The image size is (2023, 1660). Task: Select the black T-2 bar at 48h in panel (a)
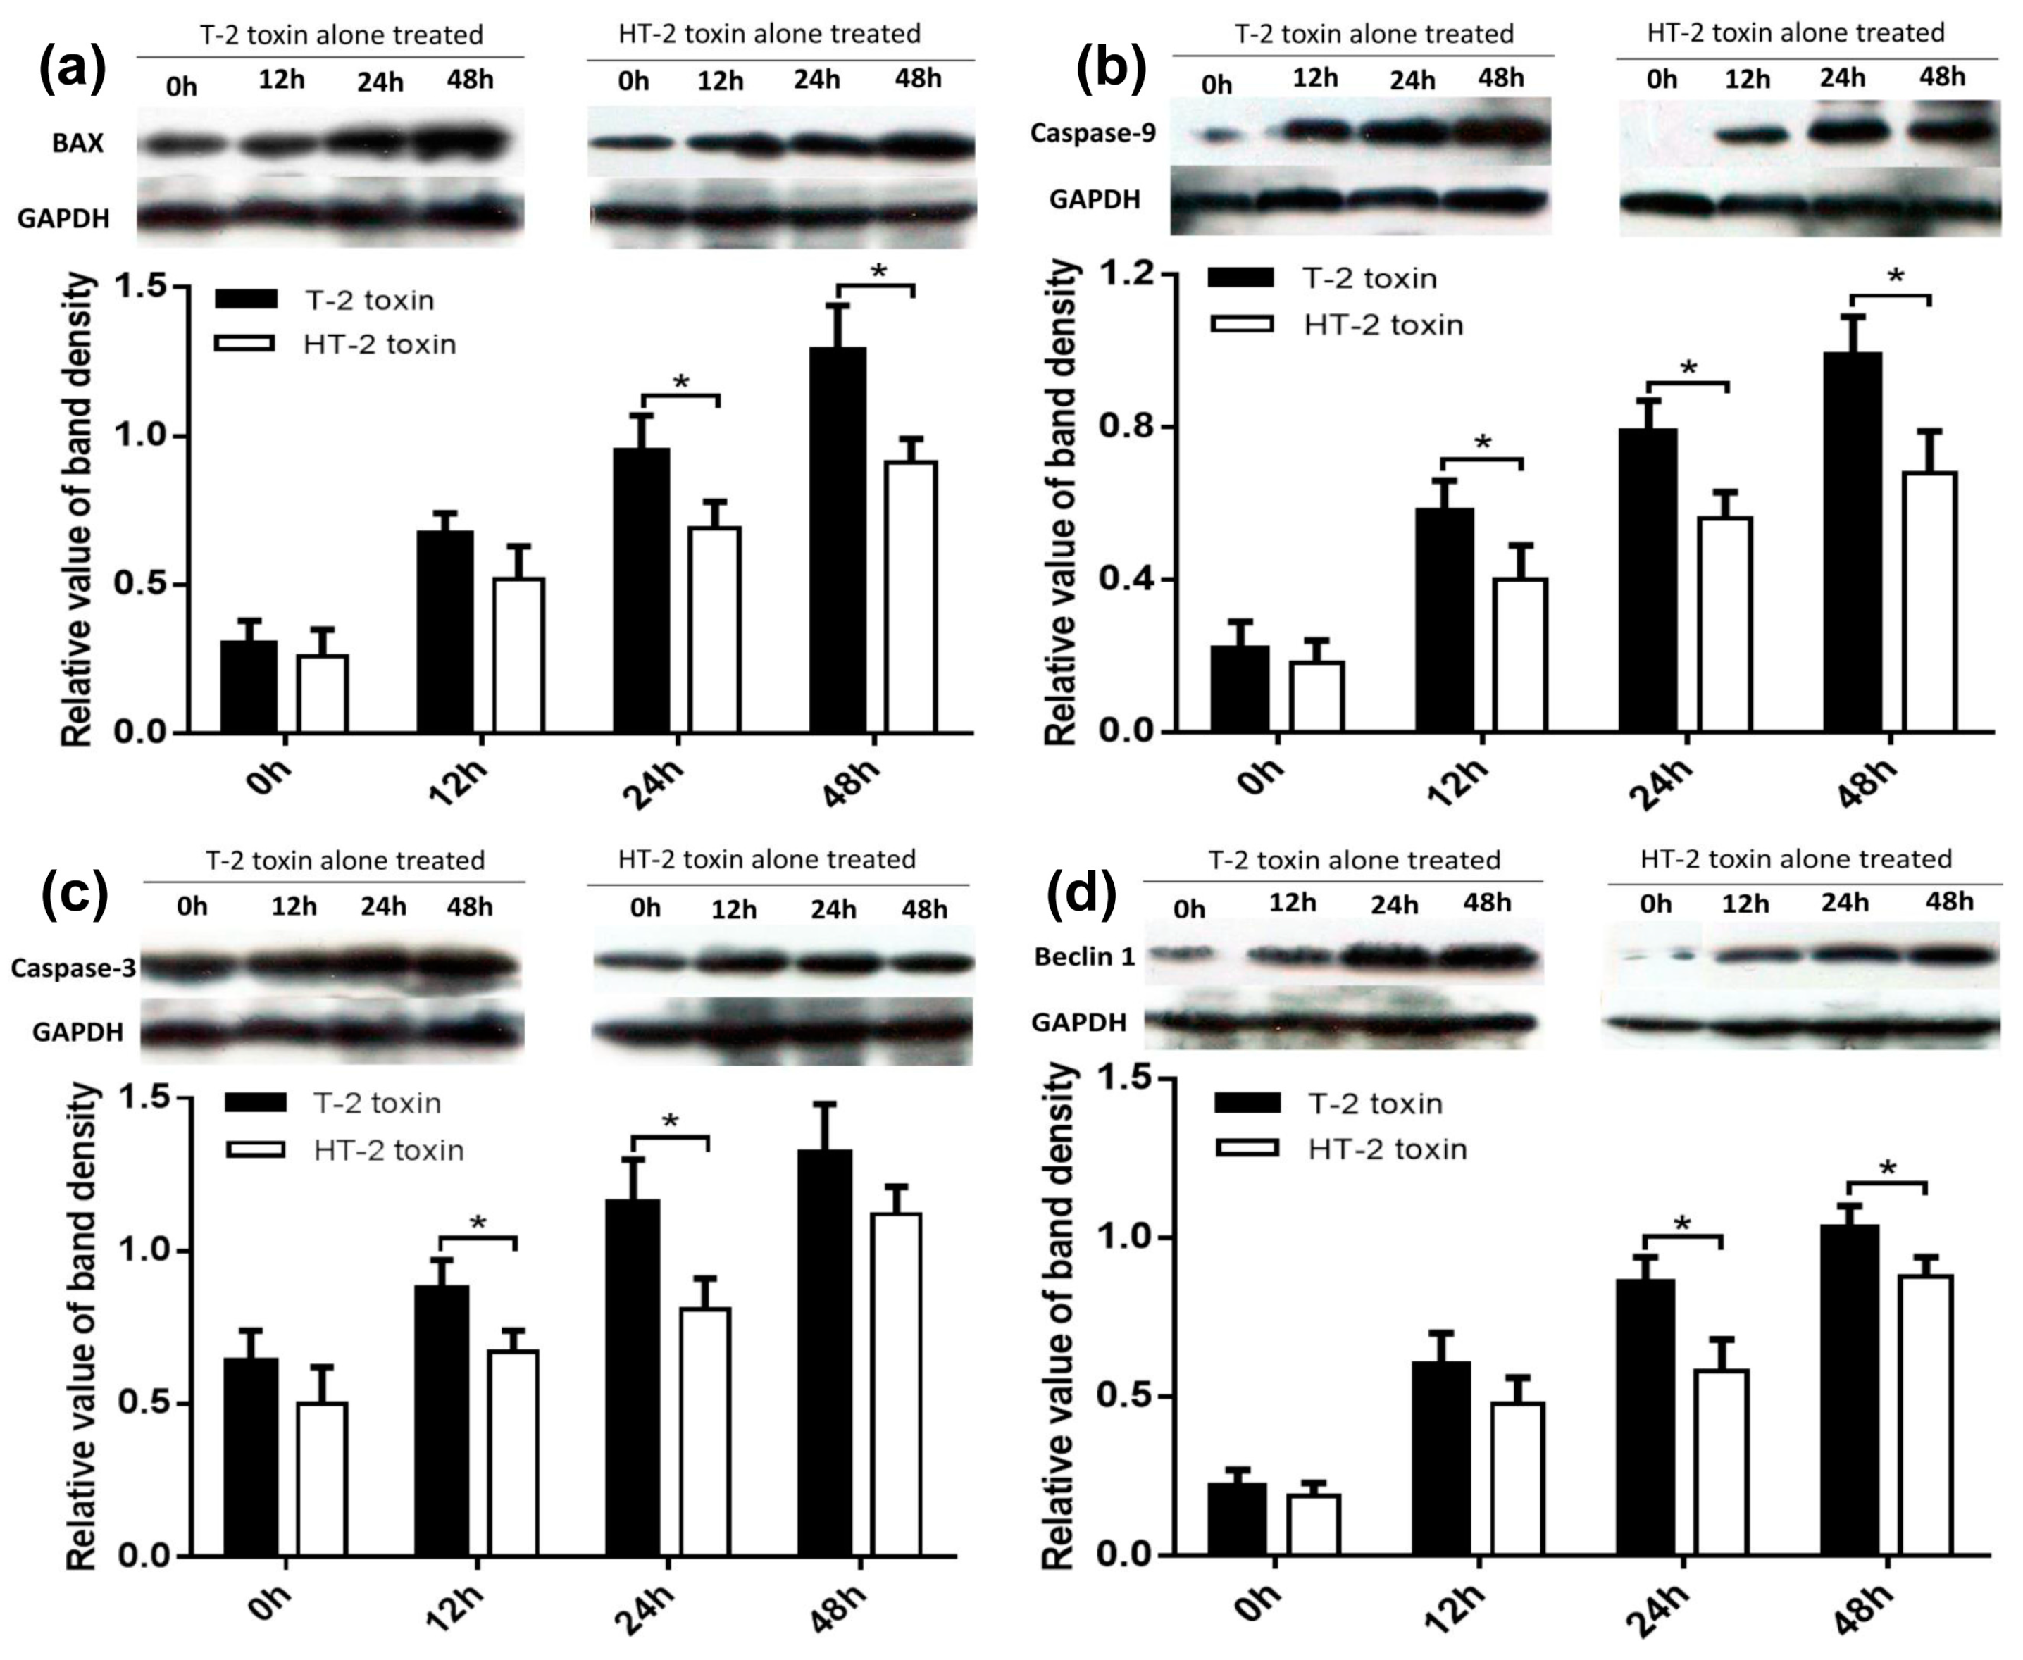pyautogui.click(x=838, y=540)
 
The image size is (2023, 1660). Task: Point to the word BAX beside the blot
pyautogui.click(x=78, y=144)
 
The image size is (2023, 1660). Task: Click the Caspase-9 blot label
pyautogui.click(x=1093, y=133)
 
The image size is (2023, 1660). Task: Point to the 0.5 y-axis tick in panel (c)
pyautogui.click(x=142, y=1404)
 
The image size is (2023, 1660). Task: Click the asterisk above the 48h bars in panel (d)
pyautogui.click(x=1887, y=1168)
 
